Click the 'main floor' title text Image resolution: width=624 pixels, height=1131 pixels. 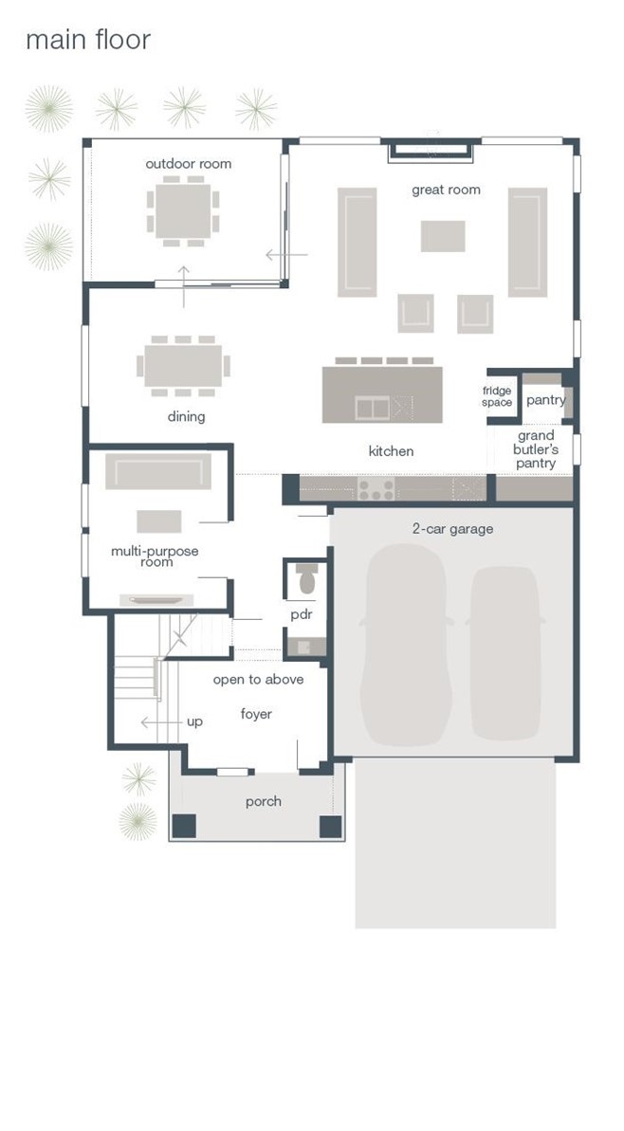pos(88,40)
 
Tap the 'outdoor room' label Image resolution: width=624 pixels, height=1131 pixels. pos(189,164)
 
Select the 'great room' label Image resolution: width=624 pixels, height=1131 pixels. pos(446,191)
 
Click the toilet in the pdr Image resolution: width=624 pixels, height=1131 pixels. pos(307,577)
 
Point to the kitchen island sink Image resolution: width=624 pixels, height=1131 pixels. pos(373,408)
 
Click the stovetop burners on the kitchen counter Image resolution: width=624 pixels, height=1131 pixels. pos(376,490)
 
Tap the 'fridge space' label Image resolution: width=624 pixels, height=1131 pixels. pos(497,396)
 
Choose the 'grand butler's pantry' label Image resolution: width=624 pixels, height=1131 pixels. pos(535,449)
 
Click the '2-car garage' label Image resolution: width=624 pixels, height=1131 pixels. pos(452,529)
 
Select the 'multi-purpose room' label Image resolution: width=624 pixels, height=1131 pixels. pos(155,556)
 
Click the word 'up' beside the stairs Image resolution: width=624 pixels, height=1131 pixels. pos(194,722)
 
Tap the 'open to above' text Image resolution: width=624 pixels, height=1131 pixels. pos(258,680)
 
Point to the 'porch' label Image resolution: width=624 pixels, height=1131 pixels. pos(264,801)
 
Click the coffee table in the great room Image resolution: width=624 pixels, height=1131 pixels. pos(443,236)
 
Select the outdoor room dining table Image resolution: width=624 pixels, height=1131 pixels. pos(183,210)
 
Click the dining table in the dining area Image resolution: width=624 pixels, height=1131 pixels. pos(183,366)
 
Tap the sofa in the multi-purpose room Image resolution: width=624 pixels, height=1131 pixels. pos(158,472)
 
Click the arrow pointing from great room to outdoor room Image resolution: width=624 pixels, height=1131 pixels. pos(286,255)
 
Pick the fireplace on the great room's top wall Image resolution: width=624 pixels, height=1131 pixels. pos(431,153)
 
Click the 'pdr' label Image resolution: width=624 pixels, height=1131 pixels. pos(300,615)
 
